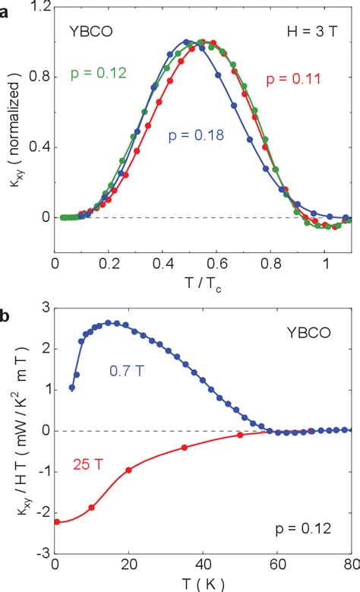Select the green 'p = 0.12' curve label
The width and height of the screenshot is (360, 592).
(x=98, y=74)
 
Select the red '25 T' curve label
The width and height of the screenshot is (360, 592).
(x=89, y=461)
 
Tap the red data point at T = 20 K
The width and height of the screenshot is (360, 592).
(x=128, y=470)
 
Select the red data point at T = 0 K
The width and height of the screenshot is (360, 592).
(x=55, y=521)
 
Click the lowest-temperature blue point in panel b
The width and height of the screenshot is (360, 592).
(x=72, y=388)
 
